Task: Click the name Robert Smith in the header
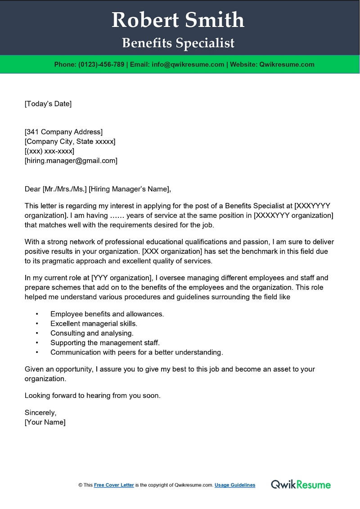coord(178,20)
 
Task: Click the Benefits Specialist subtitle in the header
coord(178,43)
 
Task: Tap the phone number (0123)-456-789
coord(101,64)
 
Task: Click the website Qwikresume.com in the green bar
coord(286,64)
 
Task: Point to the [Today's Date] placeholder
coord(48,104)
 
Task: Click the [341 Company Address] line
coord(63,132)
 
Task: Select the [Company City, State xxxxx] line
coord(70,141)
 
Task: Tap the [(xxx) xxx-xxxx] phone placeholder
coord(49,151)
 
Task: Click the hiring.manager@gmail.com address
coord(71,160)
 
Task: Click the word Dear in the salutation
coord(32,189)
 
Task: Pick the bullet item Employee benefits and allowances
coord(107,314)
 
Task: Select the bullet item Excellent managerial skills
coord(94,324)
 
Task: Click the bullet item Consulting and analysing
coord(92,333)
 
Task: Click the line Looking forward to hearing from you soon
coord(92,396)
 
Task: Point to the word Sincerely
coord(40,413)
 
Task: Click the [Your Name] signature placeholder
coord(45,422)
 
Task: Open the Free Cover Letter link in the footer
coord(114,485)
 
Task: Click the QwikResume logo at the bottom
coord(301,485)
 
